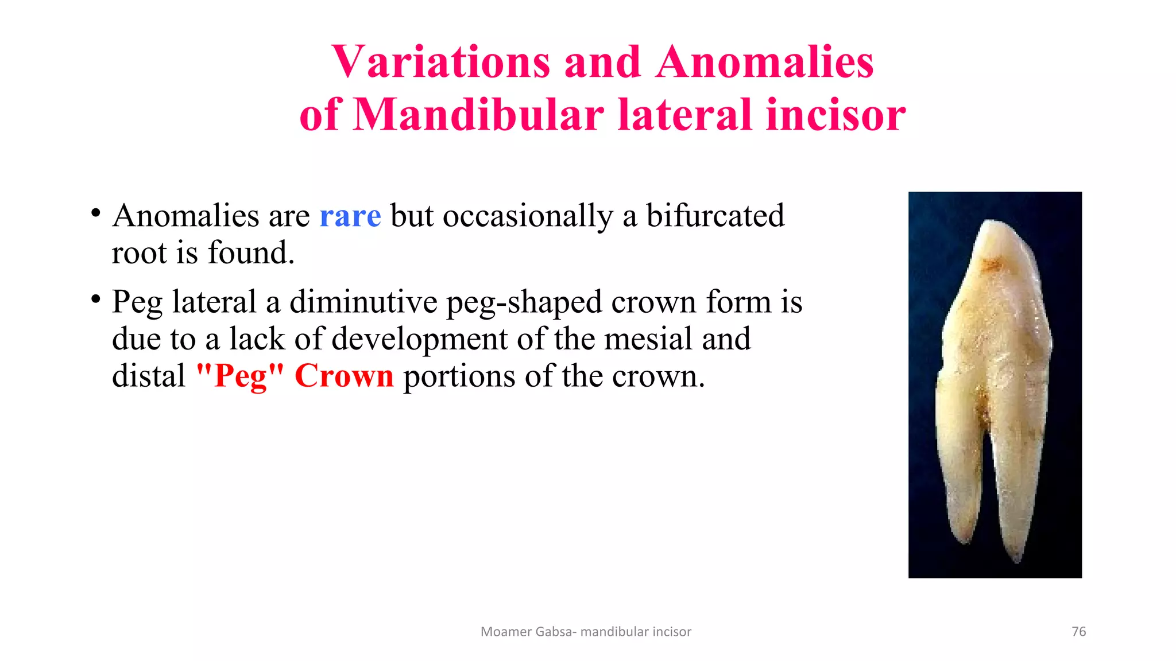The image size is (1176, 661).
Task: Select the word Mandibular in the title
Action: pyautogui.click(x=478, y=115)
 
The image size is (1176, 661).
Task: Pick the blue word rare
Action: pyautogui.click(x=350, y=216)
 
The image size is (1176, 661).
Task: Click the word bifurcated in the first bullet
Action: pyautogui.click(x=715, y=216)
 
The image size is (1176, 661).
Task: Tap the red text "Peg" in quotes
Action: pyautogui.click(x=240, y=376)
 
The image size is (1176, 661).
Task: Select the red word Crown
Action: pyautogui.click(x=344, y=376)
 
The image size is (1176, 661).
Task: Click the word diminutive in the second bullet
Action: pyautogui.click(x=363, y=302)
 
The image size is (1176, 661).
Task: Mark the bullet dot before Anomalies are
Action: pyautogui.click(x=96, y=213)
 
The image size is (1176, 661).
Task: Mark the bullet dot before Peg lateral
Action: pyautogui.click(x=96, y=299)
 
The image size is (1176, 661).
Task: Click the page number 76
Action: pyautogui.click(x=1078, y=632)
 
